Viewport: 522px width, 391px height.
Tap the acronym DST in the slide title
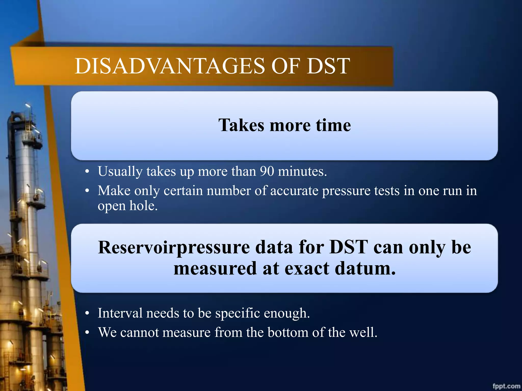328,66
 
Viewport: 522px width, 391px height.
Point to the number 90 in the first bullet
267,171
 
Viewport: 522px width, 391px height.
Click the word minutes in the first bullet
302,171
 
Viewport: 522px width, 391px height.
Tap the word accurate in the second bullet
294,191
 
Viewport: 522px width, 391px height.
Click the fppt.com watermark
506,386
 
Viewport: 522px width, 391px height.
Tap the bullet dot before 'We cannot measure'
87,333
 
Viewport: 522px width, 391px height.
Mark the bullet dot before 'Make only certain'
87,191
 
